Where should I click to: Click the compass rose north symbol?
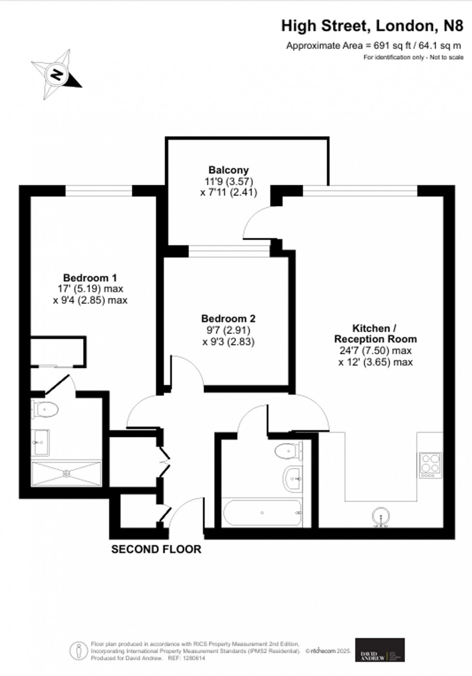pos(57,75)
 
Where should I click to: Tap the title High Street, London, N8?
pos(372,26)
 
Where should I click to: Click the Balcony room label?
pos(228,170)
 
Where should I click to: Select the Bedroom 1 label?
pos(90,278)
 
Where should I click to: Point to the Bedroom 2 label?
pos(228,319)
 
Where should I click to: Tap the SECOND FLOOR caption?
pos(156,549)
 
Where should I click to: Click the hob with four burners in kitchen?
pos(430,465)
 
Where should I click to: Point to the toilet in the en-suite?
pos(45,410)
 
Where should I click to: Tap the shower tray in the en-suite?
pos(66,473)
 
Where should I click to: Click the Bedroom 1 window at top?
pos(99,191)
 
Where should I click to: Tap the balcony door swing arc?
pos(255,219)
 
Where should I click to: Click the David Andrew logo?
pos(380,650)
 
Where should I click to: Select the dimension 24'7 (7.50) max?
pos(375,351)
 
